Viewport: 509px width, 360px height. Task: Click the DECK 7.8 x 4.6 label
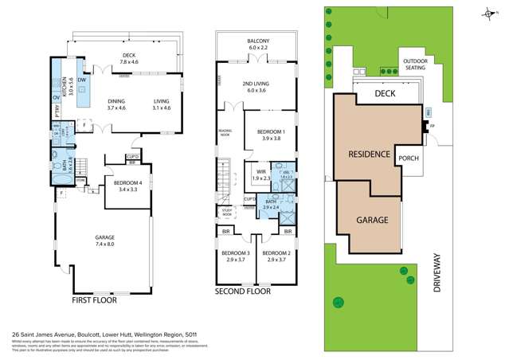coord(129,58)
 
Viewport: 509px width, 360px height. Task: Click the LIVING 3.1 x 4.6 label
coord(162,104)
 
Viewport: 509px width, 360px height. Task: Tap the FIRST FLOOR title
coord(95,301)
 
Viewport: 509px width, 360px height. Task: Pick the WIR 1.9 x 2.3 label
coord(260,174)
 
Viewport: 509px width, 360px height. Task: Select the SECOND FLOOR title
coord(243,292)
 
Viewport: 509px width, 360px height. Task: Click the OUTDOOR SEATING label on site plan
coord(415,64)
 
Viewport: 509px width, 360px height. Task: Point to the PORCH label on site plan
coord(409,158)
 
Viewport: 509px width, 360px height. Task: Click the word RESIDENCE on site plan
coord(367,155)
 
